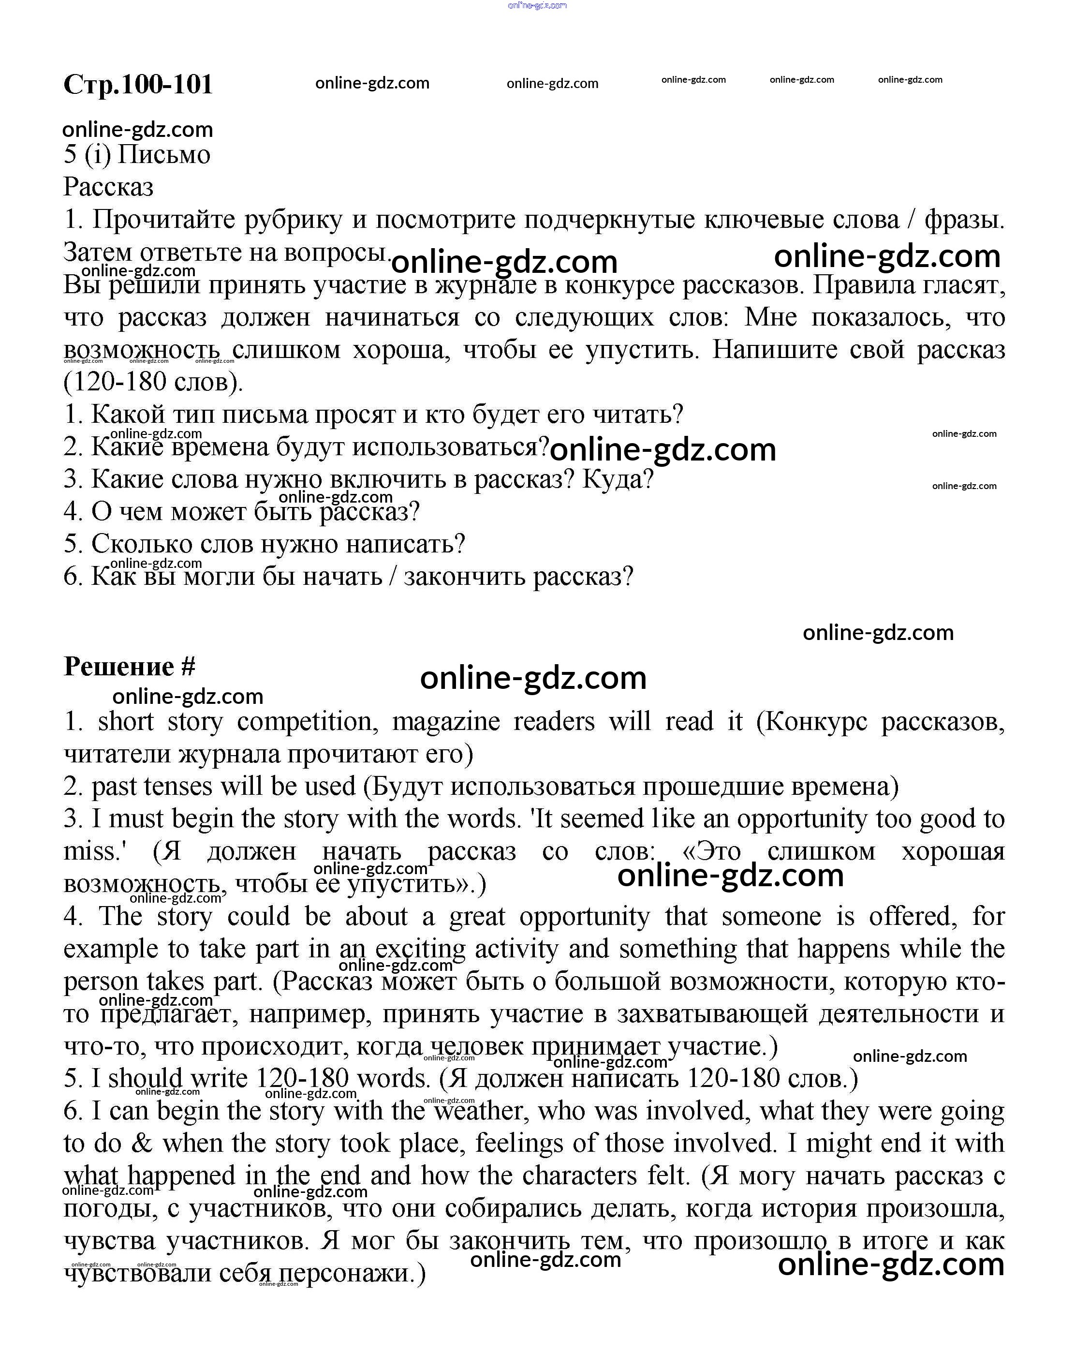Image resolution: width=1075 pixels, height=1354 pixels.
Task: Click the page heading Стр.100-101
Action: point(138,84)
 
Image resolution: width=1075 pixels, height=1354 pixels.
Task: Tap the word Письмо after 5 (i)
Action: point(164,154)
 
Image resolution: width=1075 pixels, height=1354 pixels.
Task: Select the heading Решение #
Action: point(129,666)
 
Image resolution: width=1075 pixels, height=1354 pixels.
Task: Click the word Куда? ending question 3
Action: point(618,479)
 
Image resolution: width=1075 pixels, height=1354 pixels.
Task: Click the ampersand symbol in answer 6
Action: point(142,1143)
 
